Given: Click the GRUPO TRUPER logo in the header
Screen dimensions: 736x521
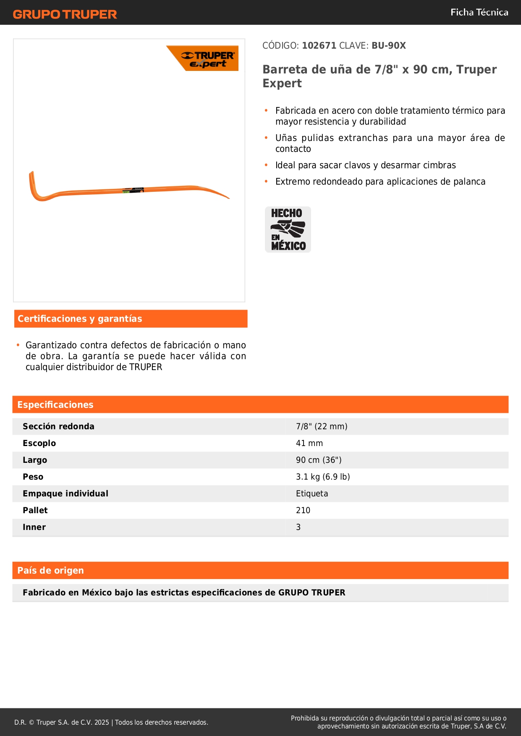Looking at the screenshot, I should pos(65,14).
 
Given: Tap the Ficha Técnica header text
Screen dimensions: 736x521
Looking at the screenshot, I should pos(479,13).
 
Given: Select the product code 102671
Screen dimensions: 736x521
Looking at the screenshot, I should pos(319,46).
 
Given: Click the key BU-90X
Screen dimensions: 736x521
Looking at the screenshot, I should pos(388,46).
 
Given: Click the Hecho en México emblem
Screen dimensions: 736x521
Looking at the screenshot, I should pos(288,230).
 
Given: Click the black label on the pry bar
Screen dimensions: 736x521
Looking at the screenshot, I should pos(134,190).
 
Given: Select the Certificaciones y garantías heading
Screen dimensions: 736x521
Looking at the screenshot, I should pos(80,319).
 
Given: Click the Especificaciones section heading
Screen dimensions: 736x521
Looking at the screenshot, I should pos(55,405).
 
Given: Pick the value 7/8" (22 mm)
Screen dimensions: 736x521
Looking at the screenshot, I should pos(322,427).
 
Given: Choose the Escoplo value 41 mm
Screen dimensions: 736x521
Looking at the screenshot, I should pos(309,444).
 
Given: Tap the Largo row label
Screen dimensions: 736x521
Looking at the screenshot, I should pos(35,460).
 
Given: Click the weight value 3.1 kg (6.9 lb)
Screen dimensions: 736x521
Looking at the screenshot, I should pos(323,477).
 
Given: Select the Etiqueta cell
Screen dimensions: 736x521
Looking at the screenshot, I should pos(312,494).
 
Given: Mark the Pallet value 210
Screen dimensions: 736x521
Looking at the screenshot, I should pos(303,511).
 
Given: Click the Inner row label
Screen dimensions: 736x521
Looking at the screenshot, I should pos(34,527).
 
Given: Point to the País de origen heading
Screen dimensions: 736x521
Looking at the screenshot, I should pos(50,571).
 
